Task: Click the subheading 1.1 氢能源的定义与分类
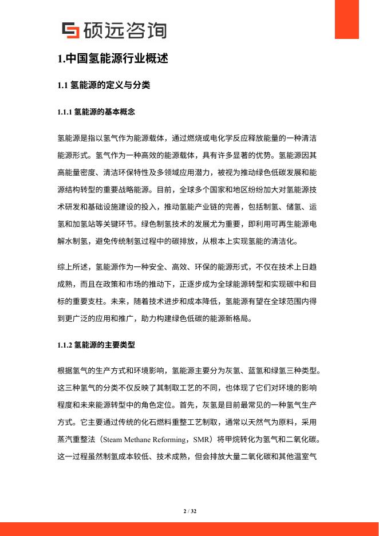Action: [x=104, y=86]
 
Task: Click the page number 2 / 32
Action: [x=189, y=510]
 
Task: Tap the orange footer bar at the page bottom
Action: [x=189, y=529]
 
